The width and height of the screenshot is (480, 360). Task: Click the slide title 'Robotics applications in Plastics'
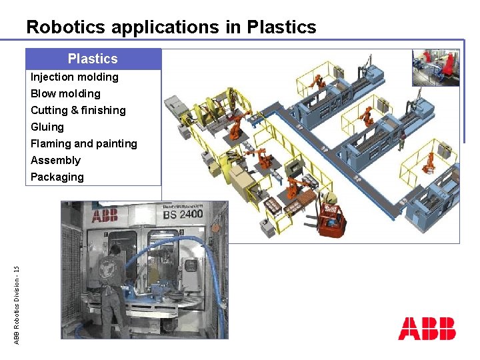tap(171, 27)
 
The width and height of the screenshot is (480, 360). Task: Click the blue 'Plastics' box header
tap(93, 59)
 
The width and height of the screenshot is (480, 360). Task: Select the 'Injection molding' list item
tap(75, 77)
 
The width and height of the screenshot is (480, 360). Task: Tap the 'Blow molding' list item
tap(65, 93)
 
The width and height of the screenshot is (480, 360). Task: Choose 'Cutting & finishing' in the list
tap(78, 110)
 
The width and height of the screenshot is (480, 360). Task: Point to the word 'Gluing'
tap(47, 127)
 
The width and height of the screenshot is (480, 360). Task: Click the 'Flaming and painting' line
tap(84, 143)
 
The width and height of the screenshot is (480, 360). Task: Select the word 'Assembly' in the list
tap(55, 160)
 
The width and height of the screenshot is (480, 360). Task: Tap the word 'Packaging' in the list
tap(57, 177)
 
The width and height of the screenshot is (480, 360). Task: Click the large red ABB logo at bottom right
tap(427, 329)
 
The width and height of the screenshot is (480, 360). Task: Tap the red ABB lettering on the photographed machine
tap(105, 216)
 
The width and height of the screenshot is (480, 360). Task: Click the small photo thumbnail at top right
tap(435, 68)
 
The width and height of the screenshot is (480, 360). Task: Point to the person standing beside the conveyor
tap(402, 141)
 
